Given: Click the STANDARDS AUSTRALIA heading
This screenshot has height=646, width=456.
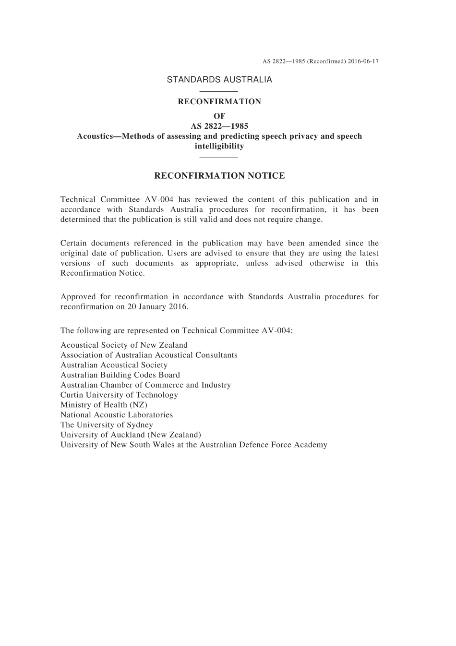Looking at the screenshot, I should pos(219,80).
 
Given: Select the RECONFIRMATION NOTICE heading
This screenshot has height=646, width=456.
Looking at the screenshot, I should pos(219,176).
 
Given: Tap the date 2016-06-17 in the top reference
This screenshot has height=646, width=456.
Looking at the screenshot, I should pos(363,61).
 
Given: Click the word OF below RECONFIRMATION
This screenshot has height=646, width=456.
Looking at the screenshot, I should pos(219,116).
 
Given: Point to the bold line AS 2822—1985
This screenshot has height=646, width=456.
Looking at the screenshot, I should pos(219,126).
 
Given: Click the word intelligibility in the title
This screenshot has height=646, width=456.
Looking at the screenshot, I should pos(219,146).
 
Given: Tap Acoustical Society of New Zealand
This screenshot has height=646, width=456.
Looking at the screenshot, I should pos(124,345).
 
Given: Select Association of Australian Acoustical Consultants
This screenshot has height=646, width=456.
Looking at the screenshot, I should pos(149,355).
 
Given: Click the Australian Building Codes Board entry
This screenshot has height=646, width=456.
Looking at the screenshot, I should pos(120,375).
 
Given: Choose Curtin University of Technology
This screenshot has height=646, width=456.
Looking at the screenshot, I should pos(119,395).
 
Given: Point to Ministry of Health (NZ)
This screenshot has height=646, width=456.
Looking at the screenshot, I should pos(104,405).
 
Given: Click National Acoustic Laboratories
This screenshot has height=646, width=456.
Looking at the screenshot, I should pos(117,414).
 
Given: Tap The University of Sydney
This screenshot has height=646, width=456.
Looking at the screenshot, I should pos(107,425).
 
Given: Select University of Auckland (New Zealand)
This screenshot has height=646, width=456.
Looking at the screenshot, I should pos(131,435).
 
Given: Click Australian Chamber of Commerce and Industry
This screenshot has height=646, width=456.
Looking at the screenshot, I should pos(145,385).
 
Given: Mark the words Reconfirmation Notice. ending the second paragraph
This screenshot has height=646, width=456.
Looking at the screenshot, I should pos(102,273).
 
